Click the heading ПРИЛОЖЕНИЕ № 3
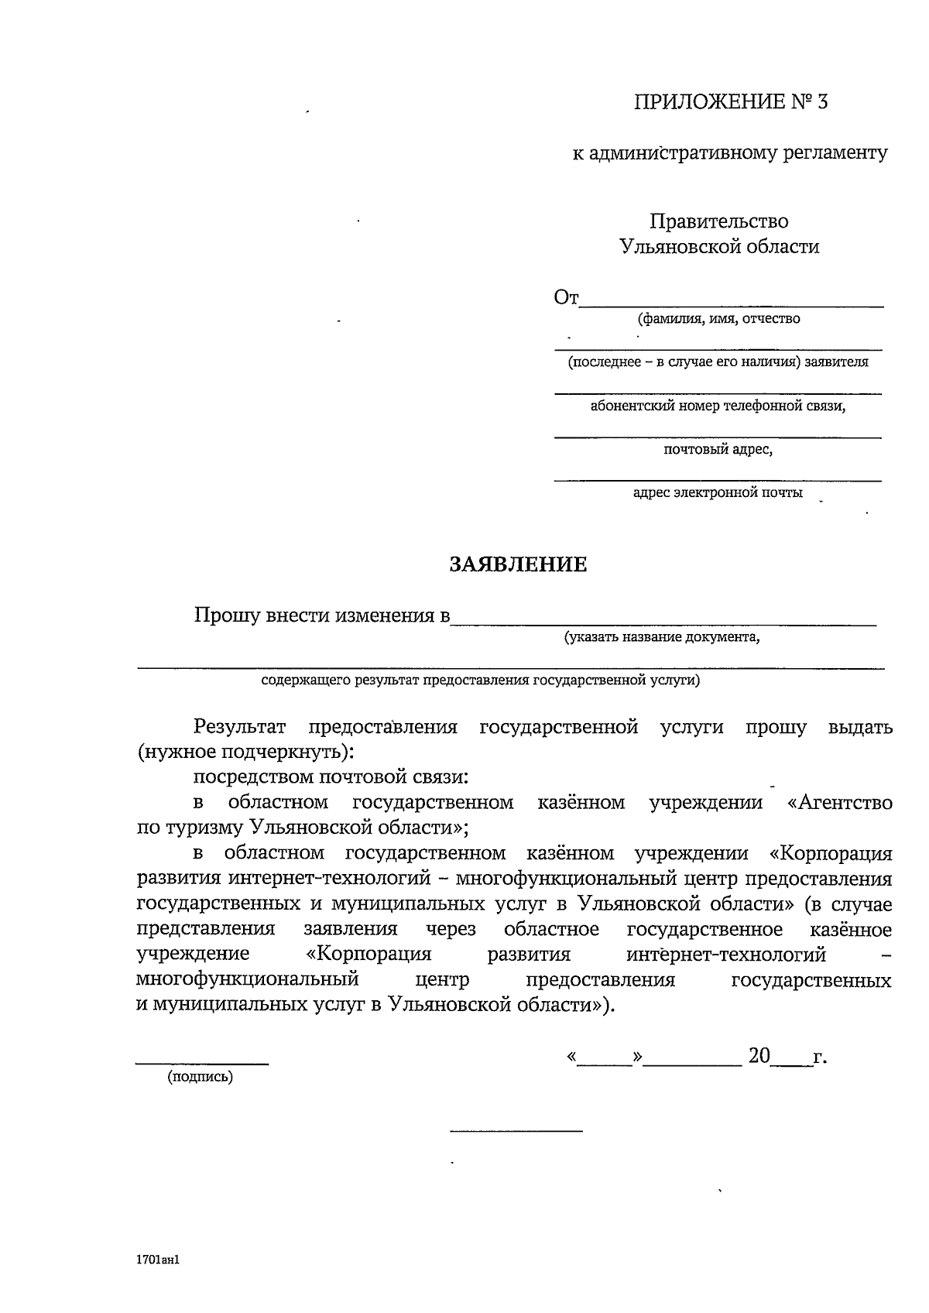pyautogui.click(x=731, y=102)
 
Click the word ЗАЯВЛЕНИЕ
pyautogui.click(x=519, y=564)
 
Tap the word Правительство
pyautogui.click(x=719, y=221)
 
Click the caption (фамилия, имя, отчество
pyautogui.click(x=718, y=319)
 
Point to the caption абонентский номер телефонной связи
pyautogui.click(x=718, y=406)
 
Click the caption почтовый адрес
pyautogui.click(x=718, y=449)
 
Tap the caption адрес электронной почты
pyautogui.click(x=718, y=493)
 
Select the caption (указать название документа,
pyautogui.click(x=662, y=638)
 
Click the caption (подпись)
pyautogui.click(x=200, y=1077)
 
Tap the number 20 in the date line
pyautogui.click(x=759, y=1056)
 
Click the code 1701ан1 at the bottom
pyautogui.click(x=158, y=1260)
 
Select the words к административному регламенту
pyautogui.click(x=730, y=153)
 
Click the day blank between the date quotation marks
pyautogui.click(x=605, y=1061)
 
